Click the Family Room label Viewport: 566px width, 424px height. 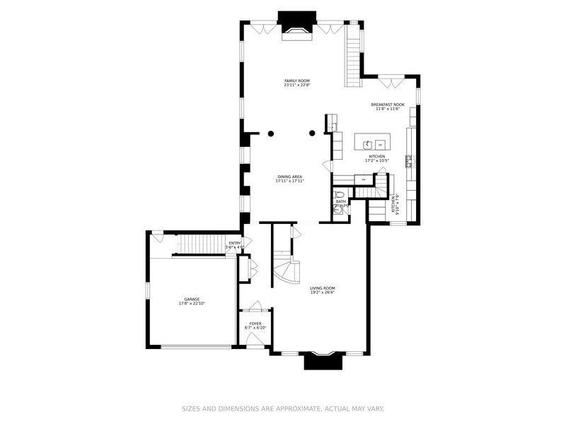[x=297, y=81]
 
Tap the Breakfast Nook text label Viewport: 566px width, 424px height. [x=387, y=105]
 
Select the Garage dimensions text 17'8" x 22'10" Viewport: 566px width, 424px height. [x=192, y=303]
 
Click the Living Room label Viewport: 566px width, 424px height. [x=322, y=288]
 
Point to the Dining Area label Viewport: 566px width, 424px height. [x=290, y=177]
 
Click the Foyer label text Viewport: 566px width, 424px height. [x=255, y=324]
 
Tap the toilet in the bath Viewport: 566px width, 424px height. [x=340, y=194]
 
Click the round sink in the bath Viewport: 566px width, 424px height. [x=338, y=208]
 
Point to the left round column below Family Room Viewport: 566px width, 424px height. [x=270, y=132]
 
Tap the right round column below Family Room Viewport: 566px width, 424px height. [x=312, y=132]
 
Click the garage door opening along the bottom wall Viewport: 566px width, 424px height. [x=196, y=346]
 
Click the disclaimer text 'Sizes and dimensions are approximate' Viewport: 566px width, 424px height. [x=283, y=408]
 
